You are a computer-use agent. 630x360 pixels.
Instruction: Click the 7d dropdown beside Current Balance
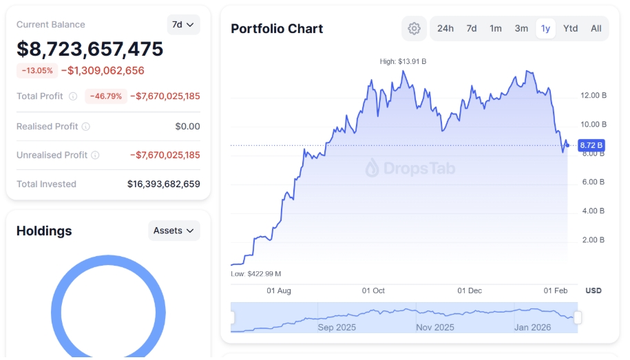pos(183,25)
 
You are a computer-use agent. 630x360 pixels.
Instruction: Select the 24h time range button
pos(445,28)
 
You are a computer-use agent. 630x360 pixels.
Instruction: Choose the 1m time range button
pos(496,28)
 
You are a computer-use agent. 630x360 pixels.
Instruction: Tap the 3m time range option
pos(521,28)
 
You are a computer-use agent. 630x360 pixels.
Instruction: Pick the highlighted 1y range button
pos(545,28)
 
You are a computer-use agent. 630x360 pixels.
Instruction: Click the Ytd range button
pos(570,28)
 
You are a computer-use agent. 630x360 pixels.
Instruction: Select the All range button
pos(596,28)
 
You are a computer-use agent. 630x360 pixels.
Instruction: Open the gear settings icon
pos(414,28)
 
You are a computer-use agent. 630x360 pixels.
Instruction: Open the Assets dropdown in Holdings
pos(174,231)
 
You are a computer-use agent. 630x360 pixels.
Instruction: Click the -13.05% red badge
pos(37,71)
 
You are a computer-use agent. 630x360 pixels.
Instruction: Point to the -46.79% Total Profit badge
pos(105,96)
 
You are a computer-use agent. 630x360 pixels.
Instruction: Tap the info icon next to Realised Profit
pos(86,127)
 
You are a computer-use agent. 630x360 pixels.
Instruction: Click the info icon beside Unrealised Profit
pos(95,155)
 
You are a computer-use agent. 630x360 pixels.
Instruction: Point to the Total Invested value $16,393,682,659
pos(164,184)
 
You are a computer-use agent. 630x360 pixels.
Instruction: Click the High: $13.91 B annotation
pos(403,61)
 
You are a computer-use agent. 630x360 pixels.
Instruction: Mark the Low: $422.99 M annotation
pos(256,274)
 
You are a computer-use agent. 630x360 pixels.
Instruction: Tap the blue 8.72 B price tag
pos(591,145)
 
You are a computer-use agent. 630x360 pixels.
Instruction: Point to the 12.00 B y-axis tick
pos(594,96)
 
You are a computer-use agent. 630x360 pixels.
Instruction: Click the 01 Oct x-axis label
pos(373,290)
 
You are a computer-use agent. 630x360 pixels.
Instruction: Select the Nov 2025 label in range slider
pos(435,328)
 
